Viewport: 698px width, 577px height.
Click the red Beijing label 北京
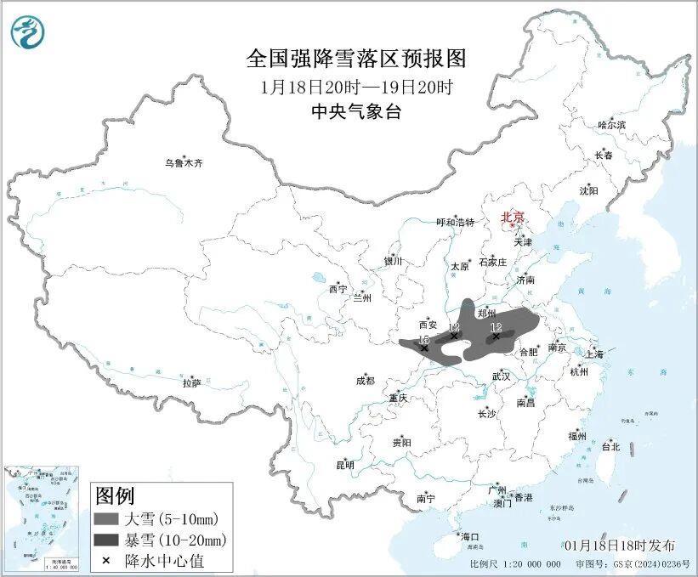(x=513, y=217)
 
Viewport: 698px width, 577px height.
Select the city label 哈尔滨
(x=610, y=125)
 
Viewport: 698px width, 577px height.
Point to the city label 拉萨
(x=191, y=383)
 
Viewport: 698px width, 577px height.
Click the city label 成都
(x=365, y=381)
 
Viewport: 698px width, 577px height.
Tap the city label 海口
(x=470, y=536)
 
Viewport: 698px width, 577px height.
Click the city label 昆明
(x=344, y=464)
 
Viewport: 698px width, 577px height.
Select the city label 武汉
(x=501, y=376)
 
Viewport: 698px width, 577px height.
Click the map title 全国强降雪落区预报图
(x=356, y=58)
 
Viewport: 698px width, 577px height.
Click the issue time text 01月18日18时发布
(x=620, y=545)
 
